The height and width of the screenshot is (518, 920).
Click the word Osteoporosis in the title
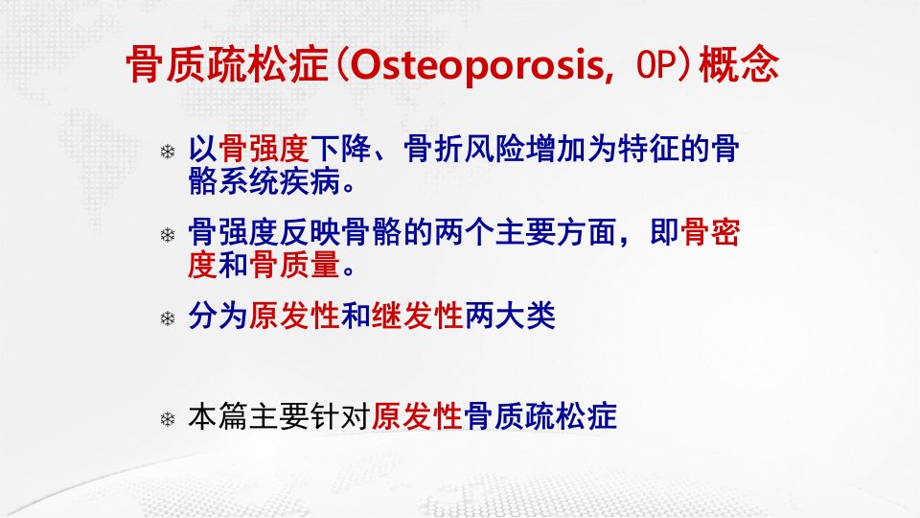click(477, 64)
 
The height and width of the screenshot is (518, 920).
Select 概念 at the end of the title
click(739, 64)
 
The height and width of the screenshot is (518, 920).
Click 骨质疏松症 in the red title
click(227, 64)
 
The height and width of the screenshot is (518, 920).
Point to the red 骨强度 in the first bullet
click(264, 149)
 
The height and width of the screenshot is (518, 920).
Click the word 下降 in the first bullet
click(340, 149)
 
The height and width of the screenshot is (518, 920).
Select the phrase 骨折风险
click(465, 149)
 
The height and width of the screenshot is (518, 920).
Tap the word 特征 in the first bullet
click(648, 149)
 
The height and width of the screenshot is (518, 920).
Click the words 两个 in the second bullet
click(465, 232)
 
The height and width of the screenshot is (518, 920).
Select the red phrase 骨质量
click(294, 265)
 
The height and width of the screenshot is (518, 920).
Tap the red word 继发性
click(417, 316)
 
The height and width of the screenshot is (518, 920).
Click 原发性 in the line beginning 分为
click(294, 316)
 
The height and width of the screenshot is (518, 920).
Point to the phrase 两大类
click(510, 316)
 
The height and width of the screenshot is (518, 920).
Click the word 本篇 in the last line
click(218, 416)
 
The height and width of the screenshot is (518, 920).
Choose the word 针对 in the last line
click(340, 416)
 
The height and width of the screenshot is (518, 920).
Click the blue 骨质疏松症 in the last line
click(540, 416)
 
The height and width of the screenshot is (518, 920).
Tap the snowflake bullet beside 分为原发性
click(168, 318)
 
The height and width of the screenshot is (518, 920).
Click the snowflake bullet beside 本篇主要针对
click(168, 419)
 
